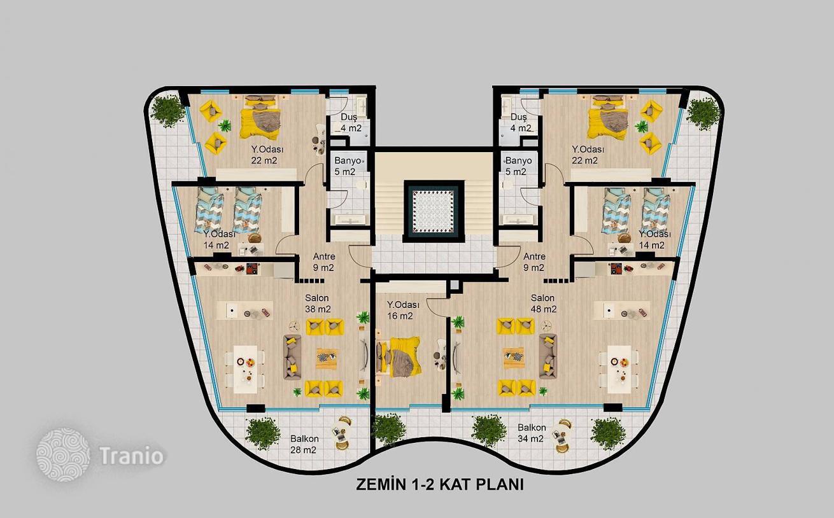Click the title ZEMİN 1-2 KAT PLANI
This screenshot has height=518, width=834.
click(x=440, y=484)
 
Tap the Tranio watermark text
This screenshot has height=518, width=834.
click(x=131, y=456)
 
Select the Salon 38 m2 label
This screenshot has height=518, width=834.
click(x=318, y=304)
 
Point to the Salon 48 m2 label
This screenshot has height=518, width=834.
click(x=544, y=304)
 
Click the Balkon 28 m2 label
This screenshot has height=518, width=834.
click(x=304, y=444)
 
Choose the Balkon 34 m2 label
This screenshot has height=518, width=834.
click(x=532, y=433)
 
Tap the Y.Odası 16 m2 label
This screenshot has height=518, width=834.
click(x=403, y=311)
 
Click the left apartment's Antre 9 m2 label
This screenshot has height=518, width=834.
click(x=323, y=262)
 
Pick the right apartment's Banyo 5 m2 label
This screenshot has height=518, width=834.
click(x=518, y=166)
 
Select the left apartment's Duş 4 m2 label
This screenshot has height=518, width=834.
click(x=351, y=122)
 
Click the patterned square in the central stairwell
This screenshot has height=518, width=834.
click(x=434, y=211)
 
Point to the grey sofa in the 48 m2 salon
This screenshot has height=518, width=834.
click(x=548, y=356)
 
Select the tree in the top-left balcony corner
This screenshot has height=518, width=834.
click(x=168, y=111)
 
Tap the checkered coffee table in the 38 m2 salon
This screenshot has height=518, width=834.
click(x=327, y=358)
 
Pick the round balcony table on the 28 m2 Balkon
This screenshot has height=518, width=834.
click(x=341, y=433)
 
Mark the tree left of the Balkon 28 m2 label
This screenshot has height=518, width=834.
click(x=263, y=433)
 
